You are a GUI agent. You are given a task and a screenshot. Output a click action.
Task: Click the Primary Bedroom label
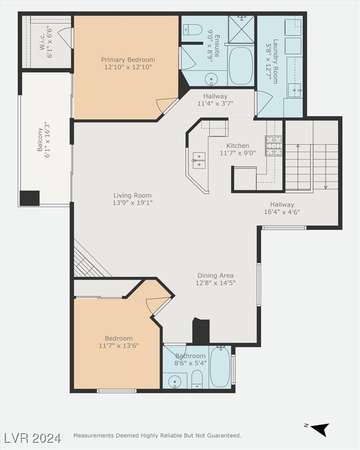click(128, 59)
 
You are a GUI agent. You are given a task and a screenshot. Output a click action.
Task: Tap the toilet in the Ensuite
click(193, 30)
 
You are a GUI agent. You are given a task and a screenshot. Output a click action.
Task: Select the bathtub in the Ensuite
click(241, 65)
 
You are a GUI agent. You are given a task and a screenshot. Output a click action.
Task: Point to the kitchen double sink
click(198, 160)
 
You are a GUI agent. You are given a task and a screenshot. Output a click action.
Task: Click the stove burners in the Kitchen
click(274, 146)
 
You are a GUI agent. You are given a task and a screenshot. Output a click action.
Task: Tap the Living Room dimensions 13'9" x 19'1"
click(133, 203)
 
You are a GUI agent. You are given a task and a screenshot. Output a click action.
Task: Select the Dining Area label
click(215, 275)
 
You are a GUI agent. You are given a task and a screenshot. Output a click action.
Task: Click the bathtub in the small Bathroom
click(220, 367)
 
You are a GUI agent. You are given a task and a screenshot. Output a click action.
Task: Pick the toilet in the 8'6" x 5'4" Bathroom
click(197, 379)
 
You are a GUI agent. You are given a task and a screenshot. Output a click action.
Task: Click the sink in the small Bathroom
click(174, 381)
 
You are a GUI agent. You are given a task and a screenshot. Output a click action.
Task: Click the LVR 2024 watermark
click(33, 438)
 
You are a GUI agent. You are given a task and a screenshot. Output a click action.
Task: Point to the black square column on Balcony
click(30, 198)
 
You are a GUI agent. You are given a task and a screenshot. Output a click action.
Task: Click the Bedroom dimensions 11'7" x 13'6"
click(119, 346)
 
